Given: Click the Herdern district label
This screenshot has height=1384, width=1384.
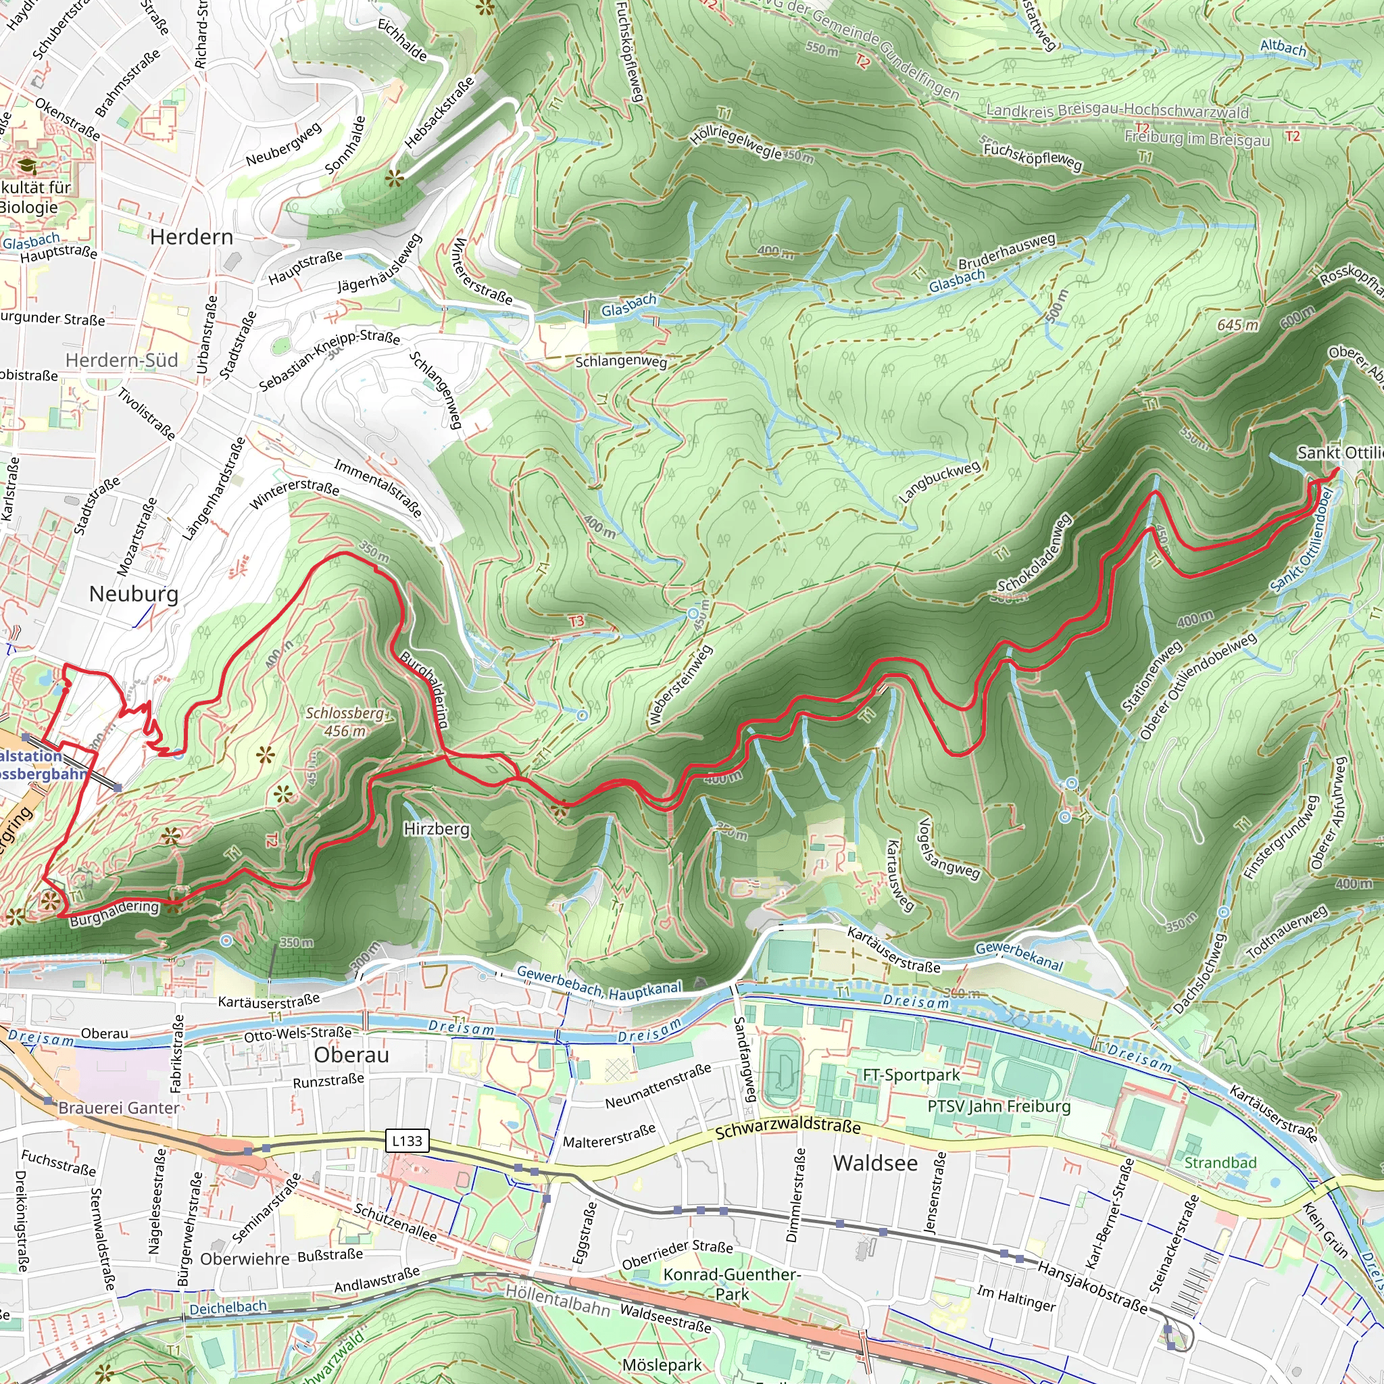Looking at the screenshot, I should point(191,237).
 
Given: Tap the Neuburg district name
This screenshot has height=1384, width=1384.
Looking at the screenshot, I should point(133,594).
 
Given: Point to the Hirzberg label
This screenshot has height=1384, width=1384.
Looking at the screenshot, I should point(437,829).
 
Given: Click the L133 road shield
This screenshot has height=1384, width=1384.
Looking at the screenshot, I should point(407,1141).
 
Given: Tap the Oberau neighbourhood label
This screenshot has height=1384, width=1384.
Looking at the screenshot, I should point(351,1055).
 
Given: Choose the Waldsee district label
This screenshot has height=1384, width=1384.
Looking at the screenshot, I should point(874,1162).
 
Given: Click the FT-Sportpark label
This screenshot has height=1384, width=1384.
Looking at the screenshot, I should point(911,1074).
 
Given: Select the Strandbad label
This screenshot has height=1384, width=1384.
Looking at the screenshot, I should point(1220,1162).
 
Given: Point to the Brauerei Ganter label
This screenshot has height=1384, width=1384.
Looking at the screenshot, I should point(119,1108).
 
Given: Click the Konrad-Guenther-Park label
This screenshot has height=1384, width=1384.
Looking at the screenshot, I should point(731,1284).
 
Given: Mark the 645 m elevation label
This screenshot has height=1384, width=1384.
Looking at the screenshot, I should point(1238,325).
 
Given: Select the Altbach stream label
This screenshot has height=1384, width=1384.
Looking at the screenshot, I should point(1283,48).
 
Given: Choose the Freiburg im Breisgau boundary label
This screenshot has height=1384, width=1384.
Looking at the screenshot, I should point(1197,138).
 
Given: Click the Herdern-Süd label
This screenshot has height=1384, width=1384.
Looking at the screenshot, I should point(122,360).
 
